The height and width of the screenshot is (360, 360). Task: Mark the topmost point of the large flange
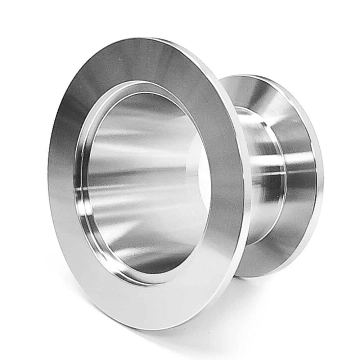point(155,38)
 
